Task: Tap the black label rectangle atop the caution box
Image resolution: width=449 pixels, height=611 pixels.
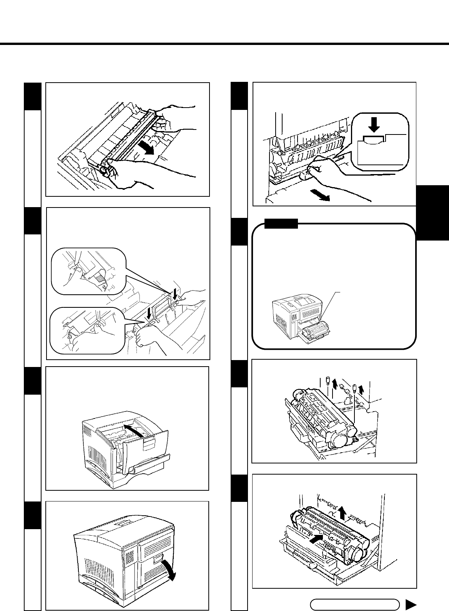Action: tap(281, 223)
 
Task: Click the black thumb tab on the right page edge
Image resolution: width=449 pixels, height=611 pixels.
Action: tap(432, 213)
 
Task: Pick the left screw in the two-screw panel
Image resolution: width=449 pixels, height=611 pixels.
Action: tap(328, 381)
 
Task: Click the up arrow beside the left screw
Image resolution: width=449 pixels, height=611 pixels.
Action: tap(335, 383)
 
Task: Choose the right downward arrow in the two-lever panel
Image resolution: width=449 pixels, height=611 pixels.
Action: tap(175, 296)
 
